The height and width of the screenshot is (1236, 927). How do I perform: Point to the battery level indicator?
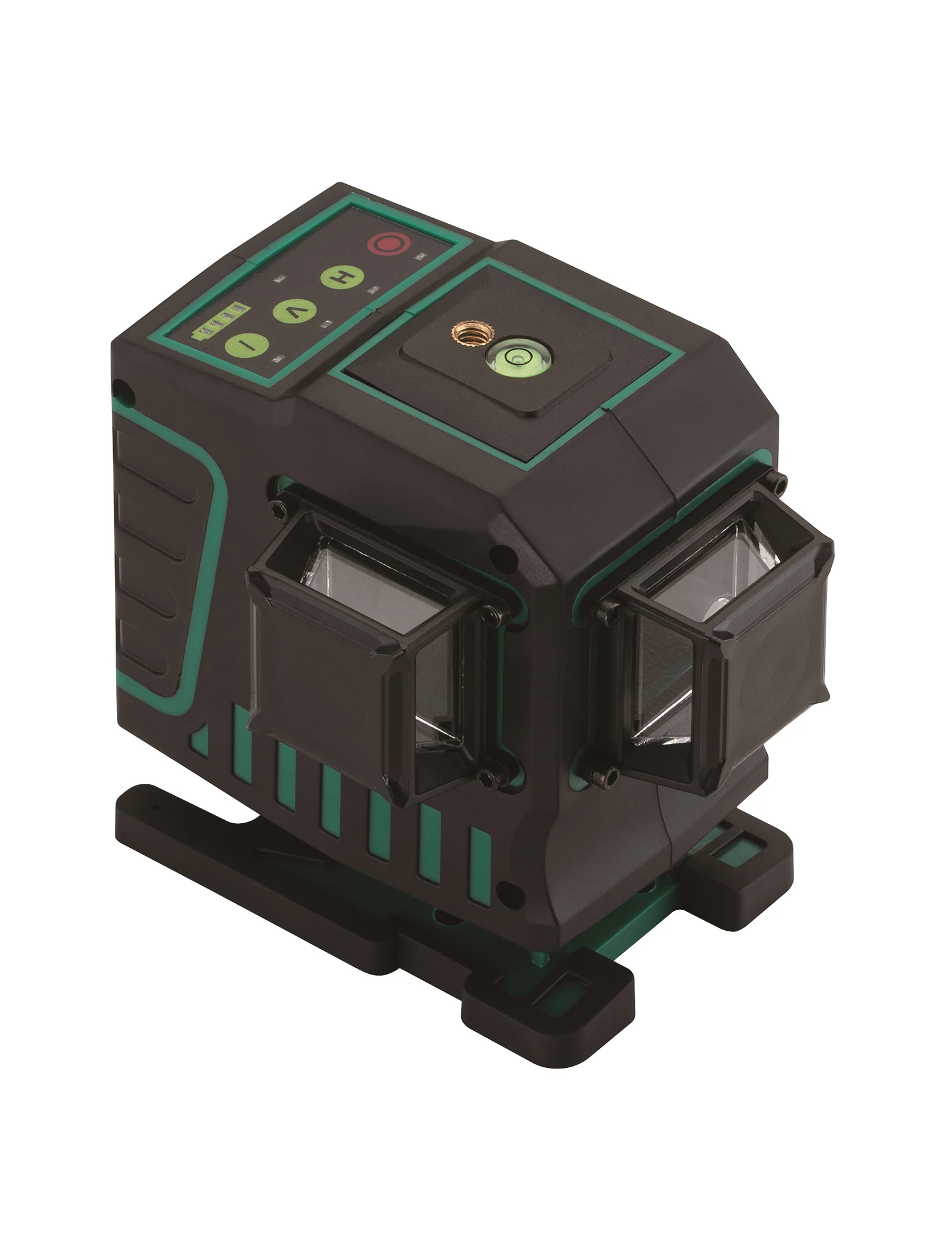[x=217, y=321]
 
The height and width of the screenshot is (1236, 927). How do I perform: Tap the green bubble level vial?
[x=511, y=356]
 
